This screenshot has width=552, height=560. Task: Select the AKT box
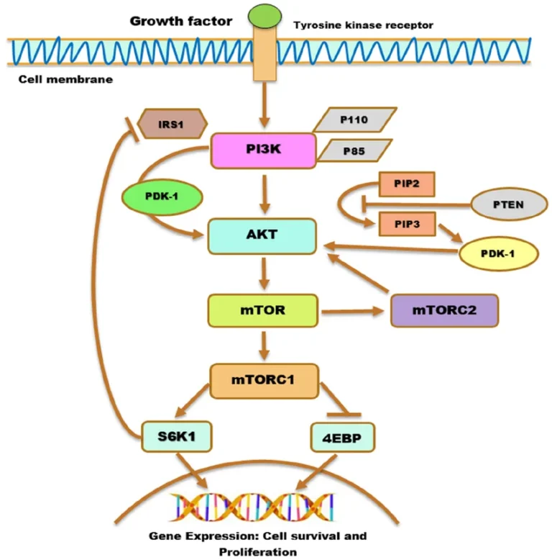pyautogui.click(x=262, y=237)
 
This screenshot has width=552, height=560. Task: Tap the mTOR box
pyautogui.click(x=262, y=311)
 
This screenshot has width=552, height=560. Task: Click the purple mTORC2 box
pyautogui.click(x=443, y=311)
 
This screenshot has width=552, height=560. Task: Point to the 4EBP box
pyautogui.click(x=343, y=436)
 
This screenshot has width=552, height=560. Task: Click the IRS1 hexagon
pyautogui.click(x=172, y=123)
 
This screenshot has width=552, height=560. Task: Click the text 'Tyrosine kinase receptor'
pyautogui.click(x=363, y=26)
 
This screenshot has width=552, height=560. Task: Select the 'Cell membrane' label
pyautogui.click(x=65, y=79)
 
